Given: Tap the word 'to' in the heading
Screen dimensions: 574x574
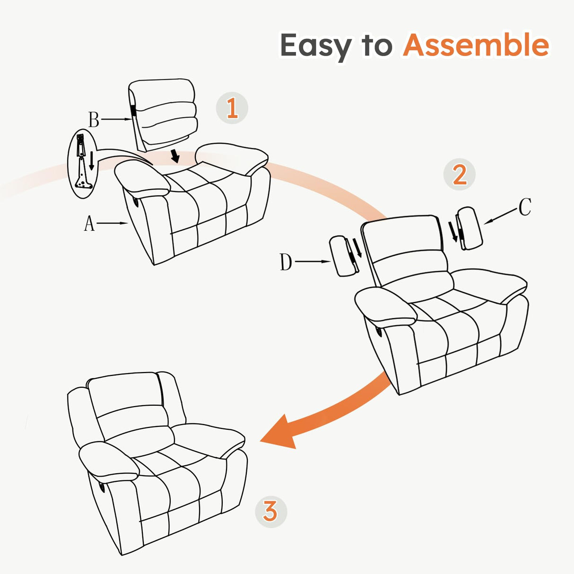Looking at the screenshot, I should click(x=377, y=46).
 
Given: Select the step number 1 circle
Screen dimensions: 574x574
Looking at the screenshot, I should click(x=232, y=108).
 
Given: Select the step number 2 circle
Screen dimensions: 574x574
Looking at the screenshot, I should click(x=459, y=174).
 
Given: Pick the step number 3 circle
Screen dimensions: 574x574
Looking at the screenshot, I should click(x=270, y=511).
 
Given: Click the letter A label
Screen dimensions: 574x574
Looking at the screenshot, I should click(x=89, y=223).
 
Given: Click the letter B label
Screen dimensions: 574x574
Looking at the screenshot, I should click(x=94, y=120).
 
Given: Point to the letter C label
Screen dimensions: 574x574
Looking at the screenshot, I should click(x=525, y=207).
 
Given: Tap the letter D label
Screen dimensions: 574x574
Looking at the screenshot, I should click(x=286, y=262).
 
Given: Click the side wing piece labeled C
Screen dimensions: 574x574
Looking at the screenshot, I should click(x=470, y=228).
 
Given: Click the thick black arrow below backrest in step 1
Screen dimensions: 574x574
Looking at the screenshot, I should click(x=176, y=155).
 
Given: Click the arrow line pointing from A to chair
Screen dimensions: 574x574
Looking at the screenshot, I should click(x=114, y=223).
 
